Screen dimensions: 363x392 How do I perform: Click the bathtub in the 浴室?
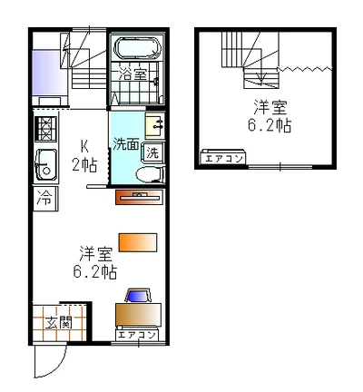(138, 48)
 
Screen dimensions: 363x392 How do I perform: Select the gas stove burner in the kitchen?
(45, 129)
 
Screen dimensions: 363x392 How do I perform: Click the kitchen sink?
(45, 165)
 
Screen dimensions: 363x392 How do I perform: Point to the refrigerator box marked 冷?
(44, 199)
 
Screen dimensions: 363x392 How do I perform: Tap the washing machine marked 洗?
(153, 152)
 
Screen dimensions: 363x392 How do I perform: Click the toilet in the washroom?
(150, 174)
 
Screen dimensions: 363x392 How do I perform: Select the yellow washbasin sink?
(154, 124)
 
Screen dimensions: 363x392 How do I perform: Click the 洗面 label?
(126, 144)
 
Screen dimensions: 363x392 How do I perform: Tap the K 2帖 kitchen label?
(84, 156)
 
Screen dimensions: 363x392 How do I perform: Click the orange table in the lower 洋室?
(138, 242)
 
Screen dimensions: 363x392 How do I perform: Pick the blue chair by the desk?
(139, 296)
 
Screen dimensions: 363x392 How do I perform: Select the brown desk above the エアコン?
(138, 315)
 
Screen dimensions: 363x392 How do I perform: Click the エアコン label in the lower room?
(136, 335)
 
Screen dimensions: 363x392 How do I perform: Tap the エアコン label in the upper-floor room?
(224, 159)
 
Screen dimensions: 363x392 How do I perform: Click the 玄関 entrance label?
(59, 323)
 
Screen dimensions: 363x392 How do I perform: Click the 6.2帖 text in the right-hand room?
(270, 125)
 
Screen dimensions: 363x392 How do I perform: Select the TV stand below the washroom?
(139, 197)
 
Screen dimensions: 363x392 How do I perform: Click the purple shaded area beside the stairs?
(50, 73)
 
